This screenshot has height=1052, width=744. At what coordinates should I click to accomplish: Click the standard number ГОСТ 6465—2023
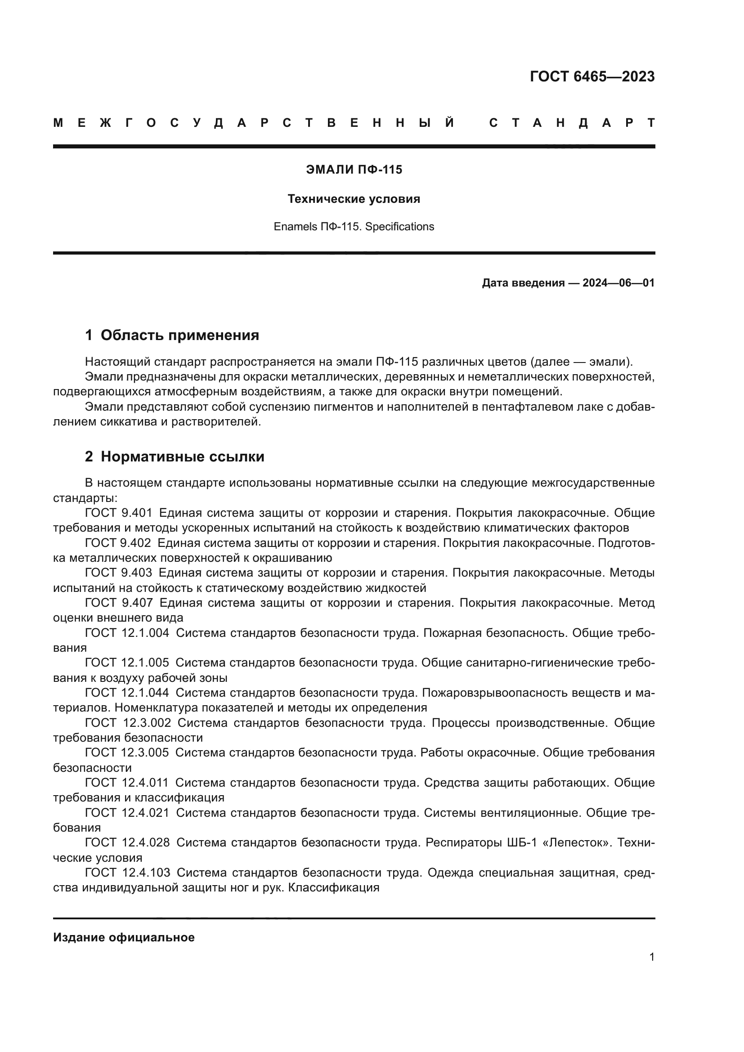pyautogui.click(x=592, y=76)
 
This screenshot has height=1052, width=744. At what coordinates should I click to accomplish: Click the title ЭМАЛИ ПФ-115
pyautogui.click(x=354, y=170)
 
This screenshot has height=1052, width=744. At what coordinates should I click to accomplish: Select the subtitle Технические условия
pyautogui.click(x=354, y=199)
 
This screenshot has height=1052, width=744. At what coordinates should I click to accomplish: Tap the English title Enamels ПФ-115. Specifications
pyautogui.click(x=354, y=227)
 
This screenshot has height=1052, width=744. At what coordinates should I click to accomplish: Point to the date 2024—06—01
pyautogui.click(x=619, y=283)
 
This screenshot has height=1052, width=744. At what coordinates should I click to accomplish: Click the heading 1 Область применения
pyautogui.click(x=172, y=336)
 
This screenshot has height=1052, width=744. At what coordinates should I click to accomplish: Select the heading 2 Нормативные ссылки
pyautogui.click(x=175, y=457)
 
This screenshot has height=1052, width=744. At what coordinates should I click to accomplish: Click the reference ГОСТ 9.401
pyautogui.click(x=118, y=513)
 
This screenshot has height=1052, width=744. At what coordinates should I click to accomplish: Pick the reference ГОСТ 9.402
pyautogui.click(x=118, y=543)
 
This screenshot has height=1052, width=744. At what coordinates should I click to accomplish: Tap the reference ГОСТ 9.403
pyautogui.click(x=118, y=573)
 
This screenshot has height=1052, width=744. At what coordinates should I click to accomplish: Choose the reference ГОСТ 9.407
pyautogui.click(x=118, y=603)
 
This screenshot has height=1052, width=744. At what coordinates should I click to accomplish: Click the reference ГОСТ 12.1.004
pyautogui.click(x=127, y=633)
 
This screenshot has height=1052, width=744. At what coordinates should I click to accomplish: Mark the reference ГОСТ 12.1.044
pyautogui.click(x=127, y=693)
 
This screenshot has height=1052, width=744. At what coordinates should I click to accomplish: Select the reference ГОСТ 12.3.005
pyautogui.click(x=127, y=753)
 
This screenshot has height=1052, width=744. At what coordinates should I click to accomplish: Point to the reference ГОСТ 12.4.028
pyautogui.click(x=127, y=842)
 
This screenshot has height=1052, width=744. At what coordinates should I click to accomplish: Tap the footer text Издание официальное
pyautogui.click(x=124, y=937)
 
